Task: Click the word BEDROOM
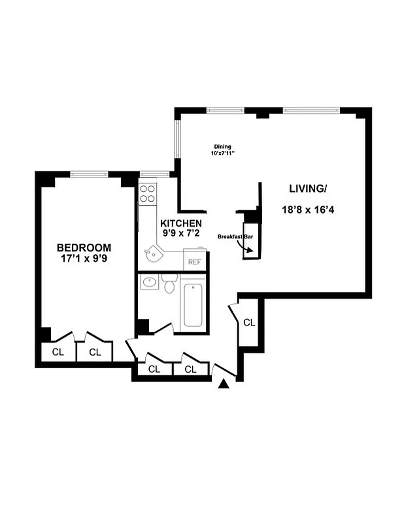point(84,248)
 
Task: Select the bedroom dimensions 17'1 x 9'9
point(84,259)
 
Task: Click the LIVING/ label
point(307,189)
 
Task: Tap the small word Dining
point(223,147)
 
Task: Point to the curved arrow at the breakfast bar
point(248,246)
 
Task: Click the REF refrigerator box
point(194,261)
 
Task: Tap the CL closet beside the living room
point(249,322)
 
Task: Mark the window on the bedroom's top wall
point(89,174)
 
